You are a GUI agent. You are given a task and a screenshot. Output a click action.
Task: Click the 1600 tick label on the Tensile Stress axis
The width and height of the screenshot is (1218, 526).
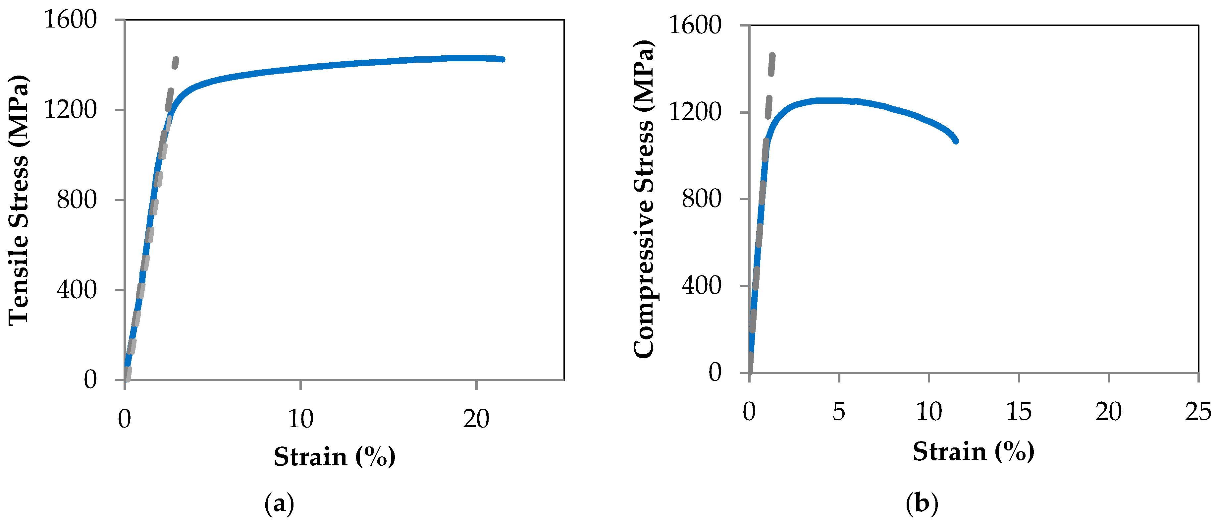pyautogui.click(x=70, y=20)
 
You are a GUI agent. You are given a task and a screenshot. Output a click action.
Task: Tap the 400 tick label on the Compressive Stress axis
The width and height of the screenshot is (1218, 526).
pyautogui.click(x=702, y=285)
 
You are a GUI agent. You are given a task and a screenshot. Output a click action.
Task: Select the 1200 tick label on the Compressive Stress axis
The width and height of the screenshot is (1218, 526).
pyautogui.click(x=695, y=112)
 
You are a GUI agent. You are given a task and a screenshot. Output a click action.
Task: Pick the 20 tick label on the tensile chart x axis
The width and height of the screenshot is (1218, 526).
pyautogui.click(x=476, y=419)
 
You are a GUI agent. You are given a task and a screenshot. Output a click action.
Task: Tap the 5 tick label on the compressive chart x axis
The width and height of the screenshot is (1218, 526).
pyautogui.click(x=838, y=412)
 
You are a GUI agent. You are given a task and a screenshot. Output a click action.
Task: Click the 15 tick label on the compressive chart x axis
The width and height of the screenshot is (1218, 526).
pyautogui.click(x=1019, y=412)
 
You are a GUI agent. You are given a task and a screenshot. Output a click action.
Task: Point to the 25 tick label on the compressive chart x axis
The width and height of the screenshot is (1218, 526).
pyautogui.click(x=1198, y=412)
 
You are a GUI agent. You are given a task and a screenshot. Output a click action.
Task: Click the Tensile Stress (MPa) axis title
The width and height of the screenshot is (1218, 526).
pyautogui.click(x=19, y=200)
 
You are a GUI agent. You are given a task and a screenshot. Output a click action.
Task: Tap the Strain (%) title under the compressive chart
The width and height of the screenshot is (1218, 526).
pyautogui.click(x=973, y=451)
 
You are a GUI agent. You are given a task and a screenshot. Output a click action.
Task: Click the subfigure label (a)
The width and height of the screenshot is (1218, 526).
pyautogui.click(x=279, y=503)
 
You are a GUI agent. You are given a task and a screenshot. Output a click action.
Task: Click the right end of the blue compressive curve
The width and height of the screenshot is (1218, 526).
pyautogui.click(x=956, y=141)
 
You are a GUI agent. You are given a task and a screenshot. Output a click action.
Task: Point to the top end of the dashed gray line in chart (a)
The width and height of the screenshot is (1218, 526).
pyautogui.click(x=176, y=59)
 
